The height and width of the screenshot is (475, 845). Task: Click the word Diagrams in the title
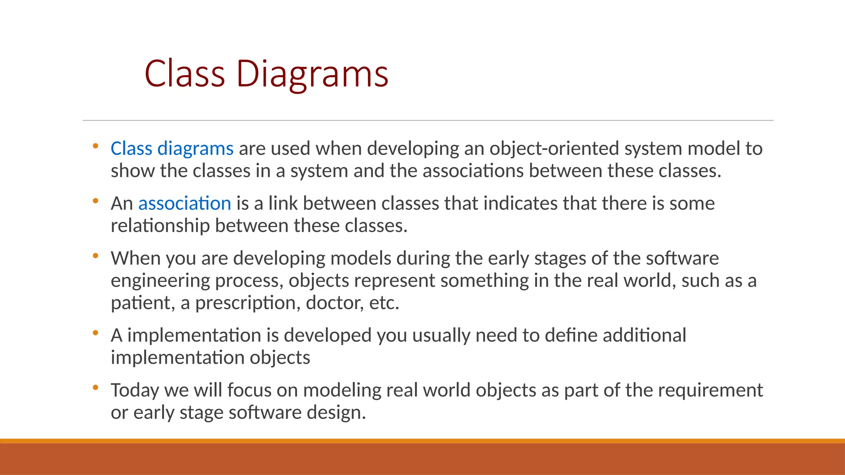point(312,74)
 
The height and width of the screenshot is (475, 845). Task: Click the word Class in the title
point(184,74)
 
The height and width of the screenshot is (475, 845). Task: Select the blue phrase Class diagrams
point(172,148)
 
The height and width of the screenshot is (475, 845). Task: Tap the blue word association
point(184,203)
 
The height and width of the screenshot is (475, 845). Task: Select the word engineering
point(160,281)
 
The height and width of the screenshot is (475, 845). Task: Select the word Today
point(135,390)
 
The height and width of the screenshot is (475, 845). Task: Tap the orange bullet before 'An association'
point(95,201)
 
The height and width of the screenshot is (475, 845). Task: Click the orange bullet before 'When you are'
point(95,256)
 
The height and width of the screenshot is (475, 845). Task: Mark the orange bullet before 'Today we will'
point(95,388)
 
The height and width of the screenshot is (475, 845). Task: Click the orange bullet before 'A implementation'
point(95,333)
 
